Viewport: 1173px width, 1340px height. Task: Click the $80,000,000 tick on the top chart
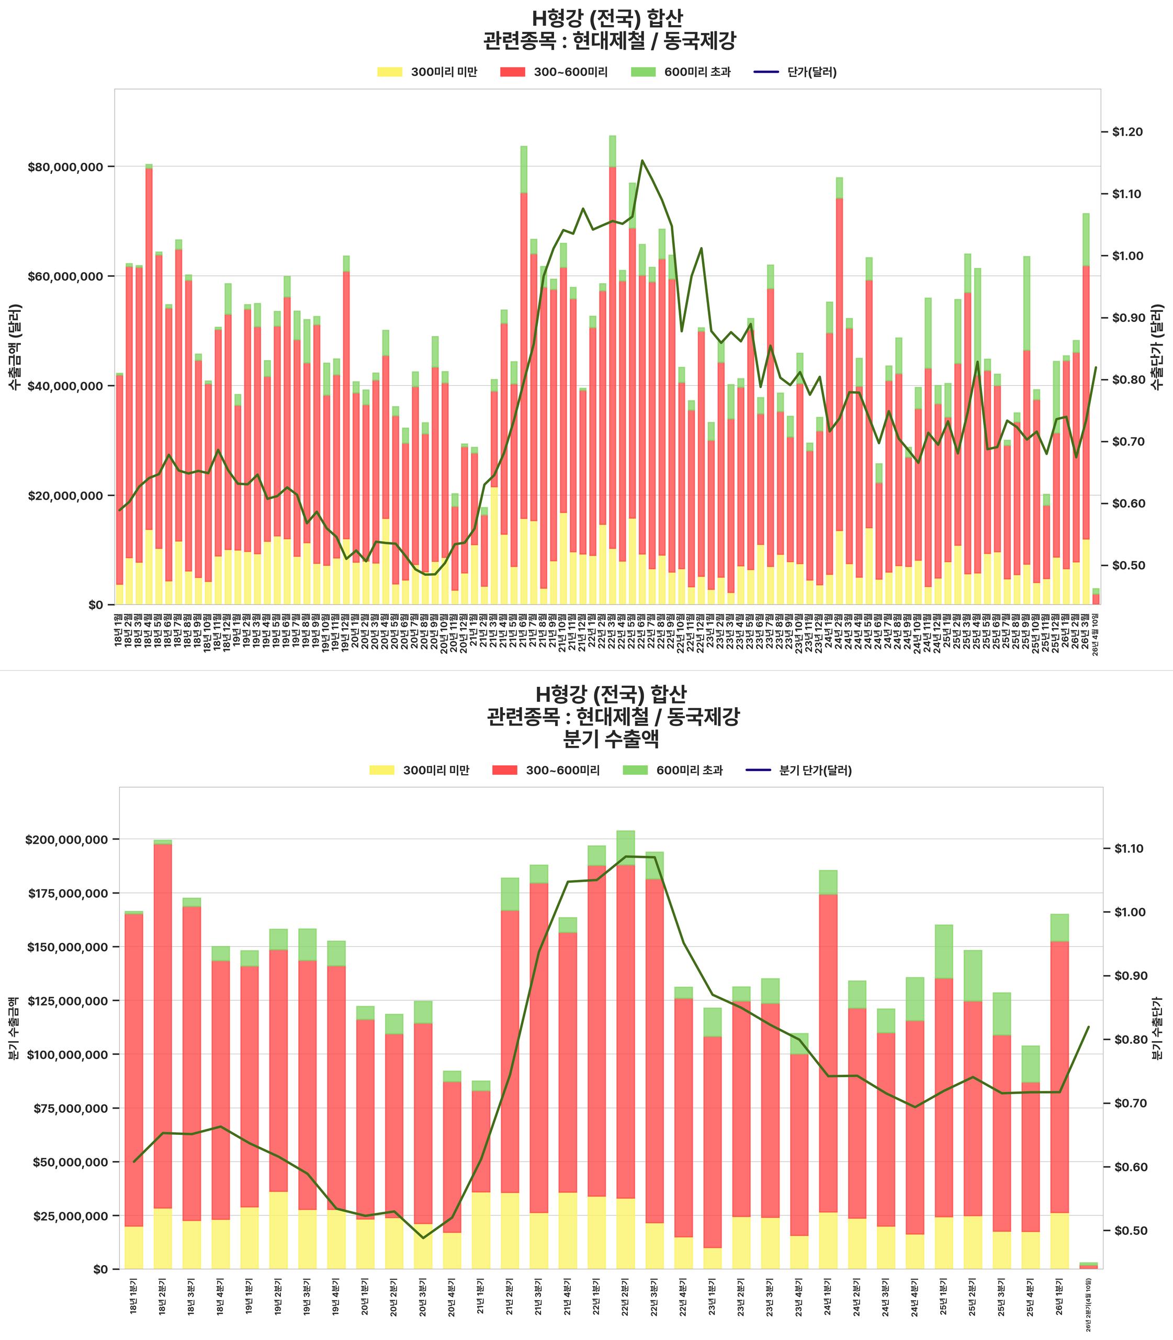click(65, 167)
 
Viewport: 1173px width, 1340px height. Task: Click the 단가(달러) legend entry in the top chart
click(795, 72)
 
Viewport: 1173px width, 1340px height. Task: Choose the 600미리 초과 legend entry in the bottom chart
click(677, 770)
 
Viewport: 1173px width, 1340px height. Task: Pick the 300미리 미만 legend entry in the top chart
click(427, 72)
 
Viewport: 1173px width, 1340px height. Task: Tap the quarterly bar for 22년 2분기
click(626, 1048)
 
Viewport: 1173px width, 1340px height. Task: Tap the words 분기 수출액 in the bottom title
click(611, 739)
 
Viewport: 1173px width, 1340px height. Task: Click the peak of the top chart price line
click(642, 161)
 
